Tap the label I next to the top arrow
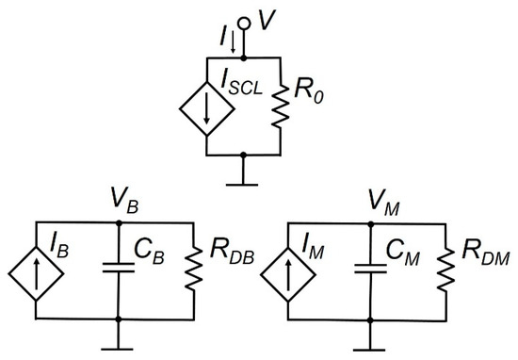222,38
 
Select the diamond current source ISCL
204,105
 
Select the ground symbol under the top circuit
244,172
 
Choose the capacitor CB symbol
118,273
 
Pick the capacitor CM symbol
370,273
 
